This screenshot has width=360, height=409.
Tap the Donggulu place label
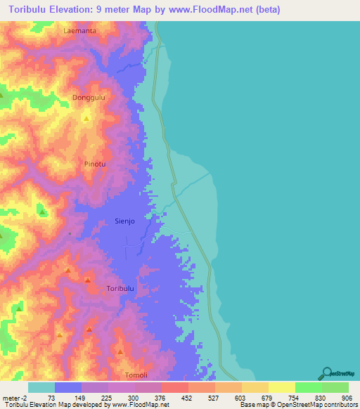(89, 98)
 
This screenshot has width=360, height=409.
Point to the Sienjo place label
(124, 221)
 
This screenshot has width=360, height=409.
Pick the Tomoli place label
(136, 375)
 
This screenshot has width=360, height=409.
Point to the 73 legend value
(50, 397)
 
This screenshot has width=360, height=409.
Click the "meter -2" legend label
(15, 397)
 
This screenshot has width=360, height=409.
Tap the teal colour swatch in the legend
(41, 387)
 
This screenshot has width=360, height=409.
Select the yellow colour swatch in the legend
(281, 387)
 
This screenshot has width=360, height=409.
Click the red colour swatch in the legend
(174, 387)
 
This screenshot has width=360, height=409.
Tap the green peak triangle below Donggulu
(86, 119)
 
